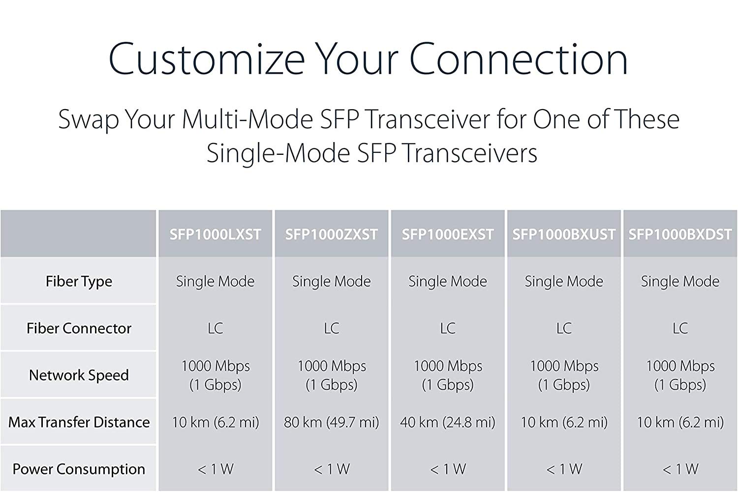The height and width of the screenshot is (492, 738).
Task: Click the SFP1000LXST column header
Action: coord(215,234)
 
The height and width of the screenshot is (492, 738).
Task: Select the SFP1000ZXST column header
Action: coord(332,234)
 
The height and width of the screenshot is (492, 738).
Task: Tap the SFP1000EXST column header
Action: coord(448,234)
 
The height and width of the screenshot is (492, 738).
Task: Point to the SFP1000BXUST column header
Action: coord(564,234)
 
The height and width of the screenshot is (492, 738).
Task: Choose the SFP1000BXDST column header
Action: coord(680,234)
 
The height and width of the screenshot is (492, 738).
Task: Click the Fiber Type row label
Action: coord(79,282)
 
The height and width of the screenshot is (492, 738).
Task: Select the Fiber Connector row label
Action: coord(79,328)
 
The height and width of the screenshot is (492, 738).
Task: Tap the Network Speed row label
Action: coord(79,376)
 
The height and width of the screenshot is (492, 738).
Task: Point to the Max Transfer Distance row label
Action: coord(79,422)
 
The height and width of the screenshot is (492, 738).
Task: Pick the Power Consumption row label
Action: coord(79,469)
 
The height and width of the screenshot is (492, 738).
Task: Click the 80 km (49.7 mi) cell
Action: coord(332,423)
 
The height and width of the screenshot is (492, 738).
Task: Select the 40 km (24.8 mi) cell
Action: coord(448,423)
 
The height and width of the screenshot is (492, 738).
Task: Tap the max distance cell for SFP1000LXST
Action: coord(215,423)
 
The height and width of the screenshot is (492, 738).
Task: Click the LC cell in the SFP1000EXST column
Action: coord(448,328)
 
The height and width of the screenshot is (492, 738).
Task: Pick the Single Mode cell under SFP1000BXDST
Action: coord(680,282)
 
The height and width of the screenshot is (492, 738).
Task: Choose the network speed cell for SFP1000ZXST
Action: coord(332,376)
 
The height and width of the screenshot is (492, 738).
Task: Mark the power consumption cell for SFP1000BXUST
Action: coord(564,469)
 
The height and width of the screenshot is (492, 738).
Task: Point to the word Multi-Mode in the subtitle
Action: coord(247,119)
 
